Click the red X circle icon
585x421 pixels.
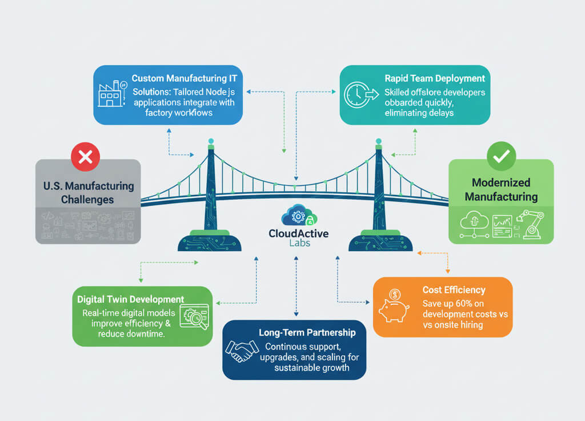pyautogui.click(x=85, y=157)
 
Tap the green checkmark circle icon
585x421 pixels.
pyautogui.click(x=501, y=156)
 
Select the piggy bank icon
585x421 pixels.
pyautogui.click(x=394, y=306)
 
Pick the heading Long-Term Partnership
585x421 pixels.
pyautogui.click(x=307, y=332)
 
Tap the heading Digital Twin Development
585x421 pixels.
pyautogui.click(x=130, y=299)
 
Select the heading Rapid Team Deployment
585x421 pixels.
pyautogui.click(x=435, y=78)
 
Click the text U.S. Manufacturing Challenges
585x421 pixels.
pyautogui.click(x=89, y=193)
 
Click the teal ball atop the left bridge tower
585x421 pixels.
pyautogui.click(x=211, y=141)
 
